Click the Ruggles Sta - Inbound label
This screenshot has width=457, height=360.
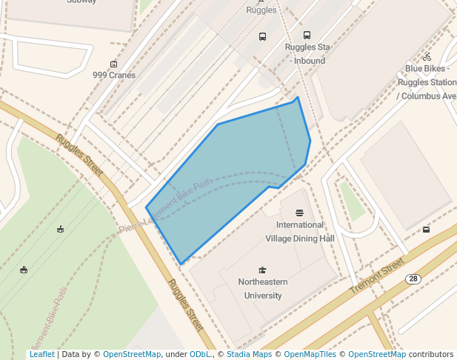[307, 54]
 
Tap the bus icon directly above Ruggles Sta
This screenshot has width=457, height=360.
[307, 35]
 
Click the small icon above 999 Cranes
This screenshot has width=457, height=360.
[113, 64]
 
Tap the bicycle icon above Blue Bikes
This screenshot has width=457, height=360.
[427, 57]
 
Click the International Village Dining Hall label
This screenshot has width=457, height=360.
[300, 231]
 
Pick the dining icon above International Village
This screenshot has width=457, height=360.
[299, 213]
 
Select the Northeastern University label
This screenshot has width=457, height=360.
[262, 289]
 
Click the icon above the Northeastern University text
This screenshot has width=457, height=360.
[261, 270]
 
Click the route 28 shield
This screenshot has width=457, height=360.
[413, 279]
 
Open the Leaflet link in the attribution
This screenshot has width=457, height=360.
[41, 355]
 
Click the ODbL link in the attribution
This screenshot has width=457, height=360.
[199, 355]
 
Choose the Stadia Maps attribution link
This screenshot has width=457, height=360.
[249, 355]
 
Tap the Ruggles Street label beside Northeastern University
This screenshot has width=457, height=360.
[185, 305]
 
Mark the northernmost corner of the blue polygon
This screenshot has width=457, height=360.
[298, 97]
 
